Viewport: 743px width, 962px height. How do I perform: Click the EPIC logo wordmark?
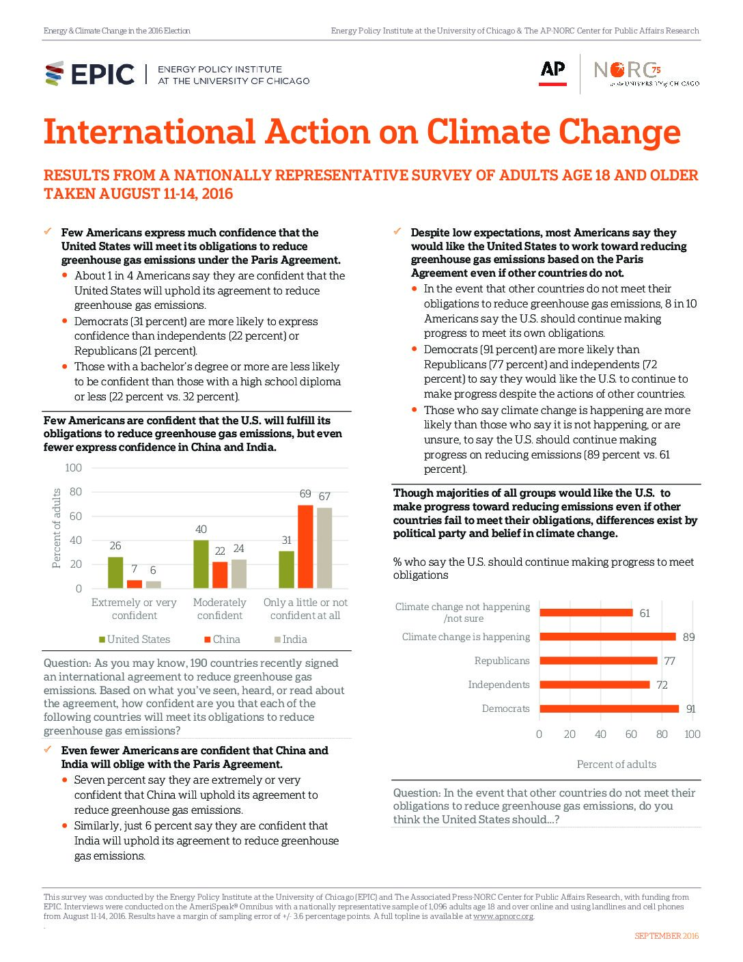tap(102, 74)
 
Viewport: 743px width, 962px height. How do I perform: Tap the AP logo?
tap(552, 72)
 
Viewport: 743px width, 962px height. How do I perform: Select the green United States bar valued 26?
tap(115, 573)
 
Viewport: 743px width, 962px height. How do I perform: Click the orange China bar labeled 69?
tap(305, 547)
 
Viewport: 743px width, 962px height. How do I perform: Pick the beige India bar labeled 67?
tap(324, 548)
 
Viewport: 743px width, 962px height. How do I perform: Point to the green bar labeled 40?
tap(201, 564)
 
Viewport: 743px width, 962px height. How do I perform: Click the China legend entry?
tap(222, 640)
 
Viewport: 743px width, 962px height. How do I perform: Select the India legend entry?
tap(291, 640)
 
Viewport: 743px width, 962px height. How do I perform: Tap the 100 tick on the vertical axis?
tap(74, 467)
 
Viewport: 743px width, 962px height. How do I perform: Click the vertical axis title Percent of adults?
tap(56, 528)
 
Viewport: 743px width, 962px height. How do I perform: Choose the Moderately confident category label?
tap(219, 609)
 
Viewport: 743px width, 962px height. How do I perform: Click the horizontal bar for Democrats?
tap(609, 709)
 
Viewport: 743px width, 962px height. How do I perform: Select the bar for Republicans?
tap(598, 661)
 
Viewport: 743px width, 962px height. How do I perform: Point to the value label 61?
tap(645, 613)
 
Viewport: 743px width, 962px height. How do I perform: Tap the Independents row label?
tap(499, 685)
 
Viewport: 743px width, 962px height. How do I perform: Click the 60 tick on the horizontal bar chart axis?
tap(631, 734)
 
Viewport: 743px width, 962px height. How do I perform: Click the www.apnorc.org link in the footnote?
tap(503, 916)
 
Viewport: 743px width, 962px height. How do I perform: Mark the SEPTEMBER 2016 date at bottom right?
tap(667, 935)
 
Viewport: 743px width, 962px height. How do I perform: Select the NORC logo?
tap(646, 74)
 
